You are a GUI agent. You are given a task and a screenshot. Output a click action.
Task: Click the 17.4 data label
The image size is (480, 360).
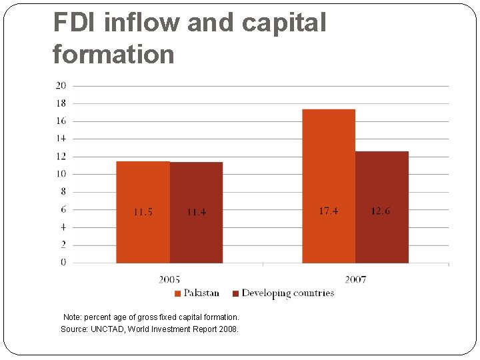point(328,211)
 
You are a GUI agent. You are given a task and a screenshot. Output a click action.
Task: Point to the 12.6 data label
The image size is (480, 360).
point(381,211)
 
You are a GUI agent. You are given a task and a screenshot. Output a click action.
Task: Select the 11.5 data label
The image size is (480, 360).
point(143,212)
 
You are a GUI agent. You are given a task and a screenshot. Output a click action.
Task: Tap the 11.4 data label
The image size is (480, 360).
point(196,212)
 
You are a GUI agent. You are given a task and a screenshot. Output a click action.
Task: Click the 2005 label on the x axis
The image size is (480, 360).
point(169,279)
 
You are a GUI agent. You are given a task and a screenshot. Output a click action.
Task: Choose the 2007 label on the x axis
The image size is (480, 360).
point(355,279)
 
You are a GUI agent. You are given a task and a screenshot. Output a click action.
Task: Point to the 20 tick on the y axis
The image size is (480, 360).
point(61,85)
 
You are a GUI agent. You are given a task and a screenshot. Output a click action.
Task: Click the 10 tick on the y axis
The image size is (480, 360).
point(61,174)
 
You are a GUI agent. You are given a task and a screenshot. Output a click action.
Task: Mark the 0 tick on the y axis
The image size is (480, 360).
point(63,263)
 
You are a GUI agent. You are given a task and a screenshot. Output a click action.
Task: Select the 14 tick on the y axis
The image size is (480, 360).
point(61,139)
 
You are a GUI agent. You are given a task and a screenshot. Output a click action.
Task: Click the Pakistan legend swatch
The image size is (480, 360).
point(177,293)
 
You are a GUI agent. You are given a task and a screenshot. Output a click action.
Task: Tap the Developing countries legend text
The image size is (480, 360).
point(287,293)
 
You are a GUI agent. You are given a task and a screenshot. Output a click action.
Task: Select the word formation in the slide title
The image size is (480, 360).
point(113,54)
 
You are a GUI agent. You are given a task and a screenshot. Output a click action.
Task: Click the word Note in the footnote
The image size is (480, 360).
point(71,317)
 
